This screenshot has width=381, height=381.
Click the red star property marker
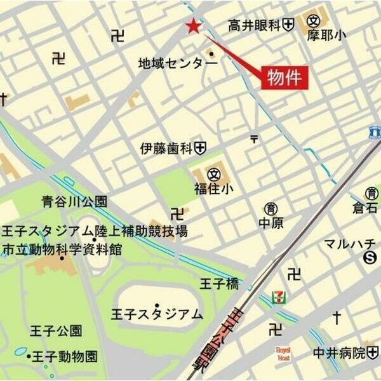(x=192, y=26)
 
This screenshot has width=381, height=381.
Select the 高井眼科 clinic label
(x=254, y=25)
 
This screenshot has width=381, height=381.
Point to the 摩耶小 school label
(x=326, y=36)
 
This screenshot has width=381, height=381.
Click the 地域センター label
(x=173, y=63)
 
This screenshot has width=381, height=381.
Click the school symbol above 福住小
(x=215, y=173)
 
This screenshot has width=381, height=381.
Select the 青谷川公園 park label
(x=75, y=203)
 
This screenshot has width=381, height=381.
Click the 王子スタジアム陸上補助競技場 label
(x=95, y=231)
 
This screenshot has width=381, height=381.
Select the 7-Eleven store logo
(x=277, y=297)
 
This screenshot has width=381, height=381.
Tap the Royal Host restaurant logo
(x=283, y=354)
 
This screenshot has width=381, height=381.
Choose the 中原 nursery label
(x=271, y=223)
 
